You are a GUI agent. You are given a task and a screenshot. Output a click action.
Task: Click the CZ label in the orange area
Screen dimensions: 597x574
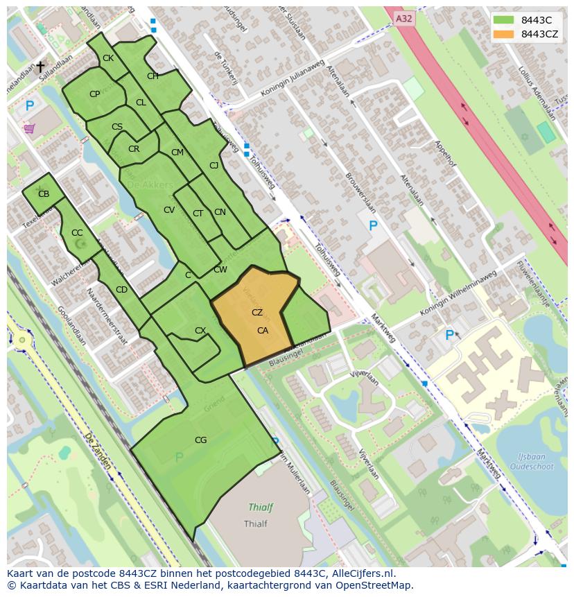tap(257, 313)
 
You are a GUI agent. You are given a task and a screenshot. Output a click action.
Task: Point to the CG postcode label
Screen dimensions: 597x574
tap(200, 440)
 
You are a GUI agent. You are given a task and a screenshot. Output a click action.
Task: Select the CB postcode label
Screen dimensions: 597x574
tap(44, 194)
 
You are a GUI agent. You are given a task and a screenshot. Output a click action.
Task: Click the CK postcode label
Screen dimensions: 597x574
tap(107, 58)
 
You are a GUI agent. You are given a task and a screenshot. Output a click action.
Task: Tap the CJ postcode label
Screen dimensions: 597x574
tap(214, 165)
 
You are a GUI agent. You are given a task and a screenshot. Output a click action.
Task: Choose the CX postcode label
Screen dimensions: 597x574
tap(200, 331)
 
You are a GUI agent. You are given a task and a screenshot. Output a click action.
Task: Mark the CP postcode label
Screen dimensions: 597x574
tap(94, 94)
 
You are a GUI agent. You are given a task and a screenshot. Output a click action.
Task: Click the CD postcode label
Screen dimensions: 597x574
tap(121, 290)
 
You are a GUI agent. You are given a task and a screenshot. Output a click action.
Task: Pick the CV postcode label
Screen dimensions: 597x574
tap(169, 210)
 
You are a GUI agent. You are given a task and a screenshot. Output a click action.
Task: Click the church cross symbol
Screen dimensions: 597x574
tap(40, 67)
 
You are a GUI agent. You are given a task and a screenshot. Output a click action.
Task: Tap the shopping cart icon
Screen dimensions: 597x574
tap(29, 128)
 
